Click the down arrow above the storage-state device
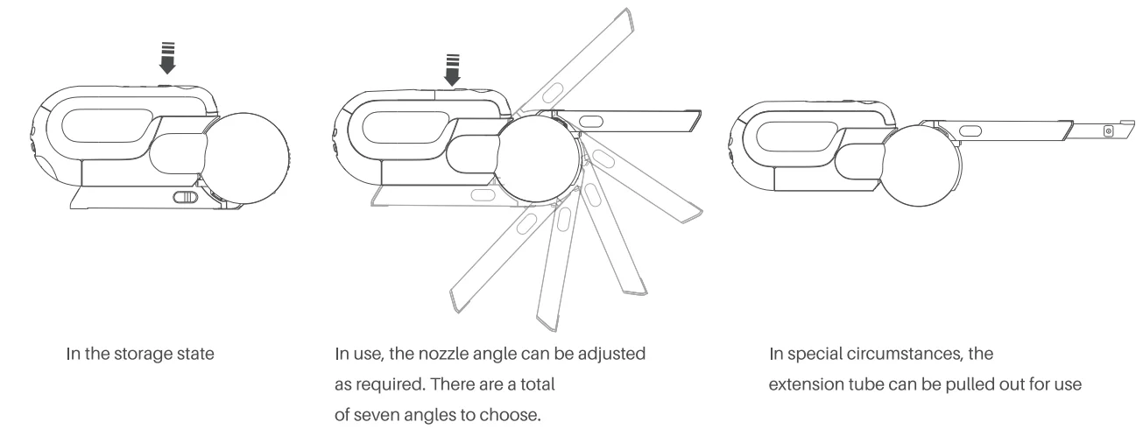(x=167, y=58)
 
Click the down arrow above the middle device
(x=452, y=70)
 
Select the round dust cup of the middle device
(x=539, y=158)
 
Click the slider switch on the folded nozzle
(x=185, y=197)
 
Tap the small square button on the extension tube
(x=1108, y=131)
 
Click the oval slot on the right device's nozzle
(x=970, y=131)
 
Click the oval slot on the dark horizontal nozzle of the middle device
(x=591, y=122)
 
